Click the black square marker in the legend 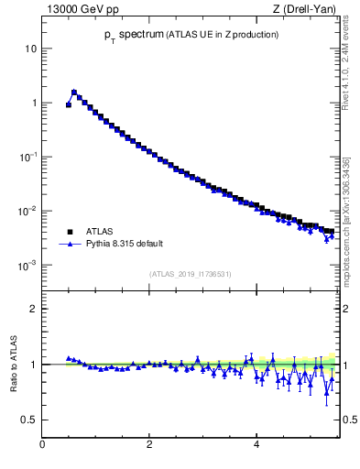(69, 232)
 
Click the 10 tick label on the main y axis (29, 48)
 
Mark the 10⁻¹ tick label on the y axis (27, 157)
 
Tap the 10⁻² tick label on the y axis (27, 211)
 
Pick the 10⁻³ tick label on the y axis (27, 265)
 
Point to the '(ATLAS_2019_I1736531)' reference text (189, 274)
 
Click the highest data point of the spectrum (74, 92)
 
